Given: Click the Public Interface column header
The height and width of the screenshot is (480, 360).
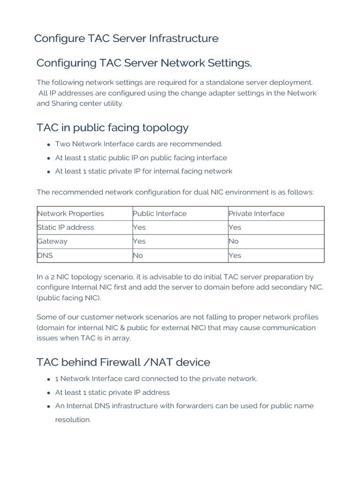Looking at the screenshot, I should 159,213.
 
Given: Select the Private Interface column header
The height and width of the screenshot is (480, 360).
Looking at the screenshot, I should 256,213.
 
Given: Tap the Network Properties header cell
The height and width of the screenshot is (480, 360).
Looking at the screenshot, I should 70,213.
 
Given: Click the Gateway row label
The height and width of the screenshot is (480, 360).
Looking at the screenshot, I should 52,241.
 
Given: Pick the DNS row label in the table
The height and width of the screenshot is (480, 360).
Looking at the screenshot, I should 45,255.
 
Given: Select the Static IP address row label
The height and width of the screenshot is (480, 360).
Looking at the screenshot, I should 66,227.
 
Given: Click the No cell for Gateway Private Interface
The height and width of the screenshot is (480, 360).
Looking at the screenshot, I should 233,241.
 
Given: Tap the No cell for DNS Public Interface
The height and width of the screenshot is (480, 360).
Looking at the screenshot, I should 138,255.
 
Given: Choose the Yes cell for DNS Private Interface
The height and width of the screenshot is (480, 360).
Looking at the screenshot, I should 234,255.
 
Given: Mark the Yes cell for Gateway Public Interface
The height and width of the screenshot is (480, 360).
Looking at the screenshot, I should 139,241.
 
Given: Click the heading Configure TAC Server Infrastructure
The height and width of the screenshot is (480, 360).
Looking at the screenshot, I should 126,38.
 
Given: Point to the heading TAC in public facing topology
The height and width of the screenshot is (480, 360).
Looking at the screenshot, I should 112,127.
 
